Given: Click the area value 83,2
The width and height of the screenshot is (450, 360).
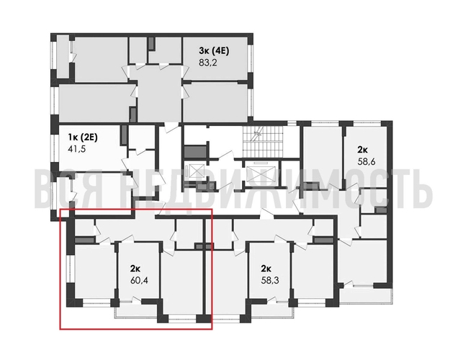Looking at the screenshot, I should pos(208,63).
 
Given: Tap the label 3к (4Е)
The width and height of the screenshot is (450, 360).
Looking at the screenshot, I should pos(214,50).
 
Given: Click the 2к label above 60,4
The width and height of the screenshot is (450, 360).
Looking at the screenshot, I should pos(135,268).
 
